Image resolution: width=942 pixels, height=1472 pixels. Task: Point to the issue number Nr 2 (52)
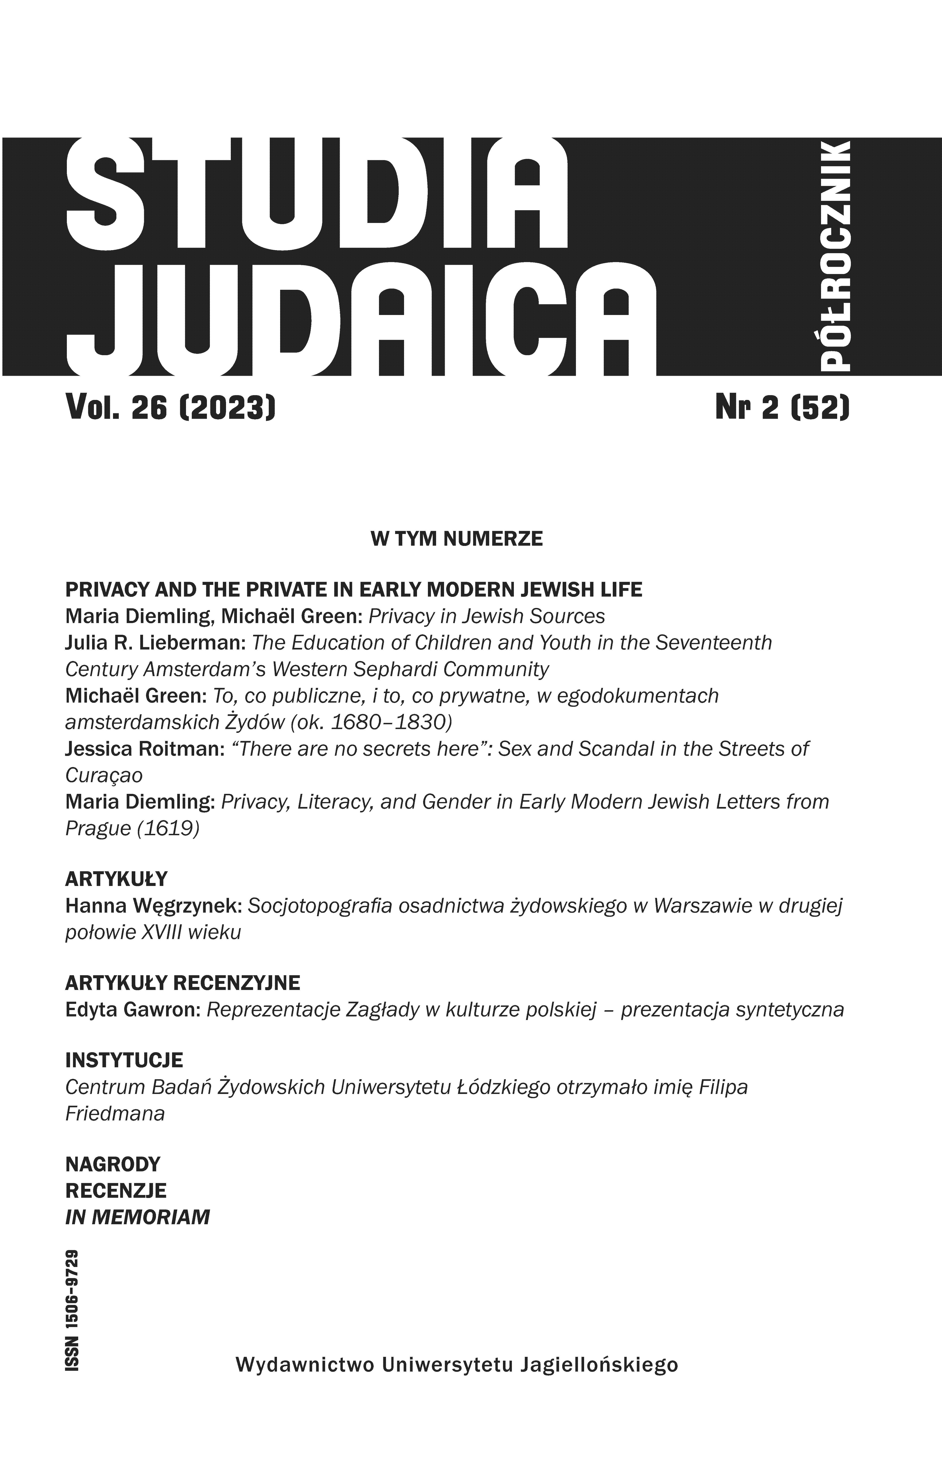(782, 407)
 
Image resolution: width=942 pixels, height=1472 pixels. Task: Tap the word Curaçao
(103, 775)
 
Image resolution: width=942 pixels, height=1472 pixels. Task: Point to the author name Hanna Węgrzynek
(154, 906)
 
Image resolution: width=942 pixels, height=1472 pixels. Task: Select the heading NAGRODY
(113, 1164)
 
